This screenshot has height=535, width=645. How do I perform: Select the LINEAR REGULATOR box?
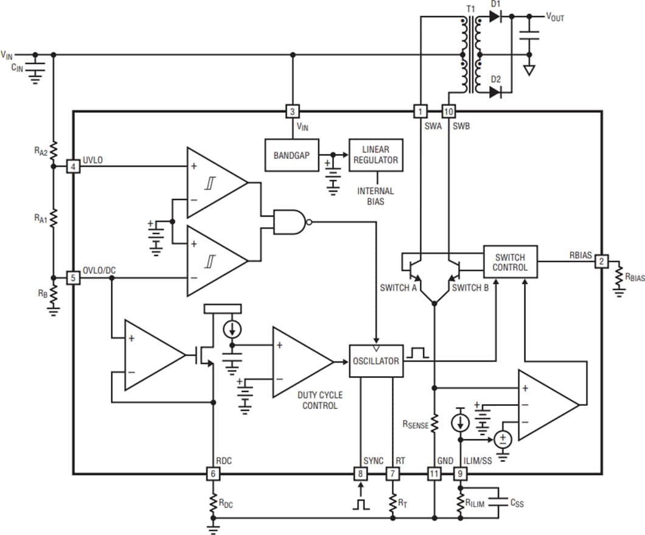pos(376,155)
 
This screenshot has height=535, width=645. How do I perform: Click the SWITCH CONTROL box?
pos(510,262)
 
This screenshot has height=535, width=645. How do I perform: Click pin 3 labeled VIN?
pos(293,111)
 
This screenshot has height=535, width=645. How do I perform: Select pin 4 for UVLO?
pos(73,166)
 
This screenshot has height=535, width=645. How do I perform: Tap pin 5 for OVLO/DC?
pos(73,278)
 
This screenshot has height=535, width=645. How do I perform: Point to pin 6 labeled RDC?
pos(213,474)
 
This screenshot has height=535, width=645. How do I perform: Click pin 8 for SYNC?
pos(361,474)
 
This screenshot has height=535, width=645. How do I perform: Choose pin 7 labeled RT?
pos(392,474)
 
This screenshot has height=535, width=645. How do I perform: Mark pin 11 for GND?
pos(434,474)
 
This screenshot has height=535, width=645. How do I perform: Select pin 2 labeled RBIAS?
pos(601,261)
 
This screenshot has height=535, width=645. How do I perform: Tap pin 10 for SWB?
pos(448,111)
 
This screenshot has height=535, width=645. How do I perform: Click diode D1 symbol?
pos(495,18)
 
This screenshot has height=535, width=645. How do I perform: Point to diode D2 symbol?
pos(495,92)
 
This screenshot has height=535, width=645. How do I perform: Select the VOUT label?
pos(554,18)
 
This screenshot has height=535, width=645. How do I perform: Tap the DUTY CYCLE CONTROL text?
pos(319,400)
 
